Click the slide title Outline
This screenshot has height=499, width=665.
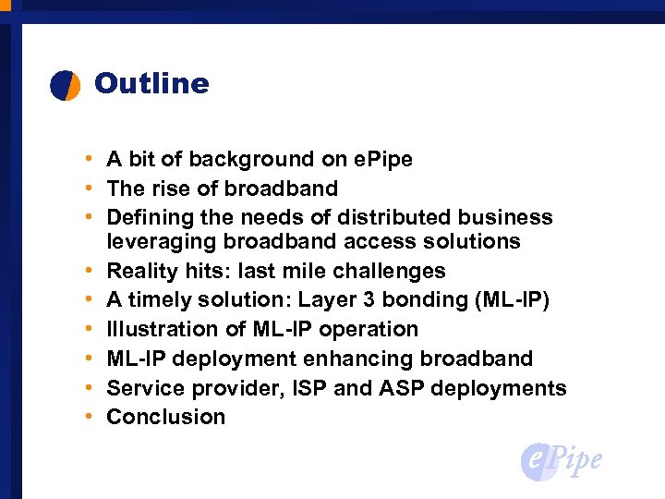[151, 84]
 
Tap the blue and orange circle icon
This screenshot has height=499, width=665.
[66, 85]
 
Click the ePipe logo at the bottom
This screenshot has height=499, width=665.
[562, 461]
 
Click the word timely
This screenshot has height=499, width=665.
[158, 299]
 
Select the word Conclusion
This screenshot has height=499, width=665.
[166, 417]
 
